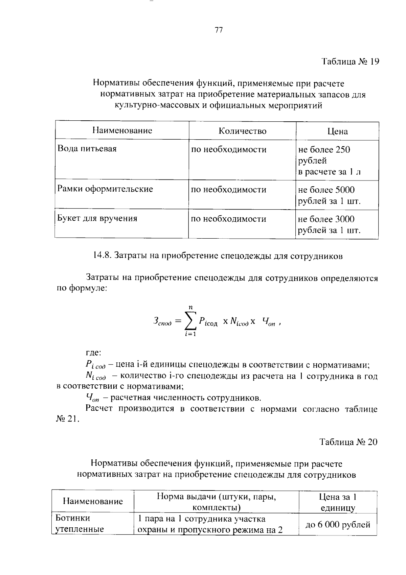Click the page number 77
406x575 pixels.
[x=219, y=30]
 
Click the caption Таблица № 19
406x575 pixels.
[x=350, y=62]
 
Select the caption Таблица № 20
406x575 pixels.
[x=348, y=442]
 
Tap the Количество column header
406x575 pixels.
[x=242, y=131]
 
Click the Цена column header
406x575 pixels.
[x=337, y=131]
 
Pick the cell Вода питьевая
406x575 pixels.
[x=87, y=149]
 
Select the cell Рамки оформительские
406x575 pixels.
[x=105, y=189]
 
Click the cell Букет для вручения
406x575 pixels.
[x=97, y=218]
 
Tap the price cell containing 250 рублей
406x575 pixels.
[x=329, y=161]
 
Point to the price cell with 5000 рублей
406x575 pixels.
[x=329, y=195]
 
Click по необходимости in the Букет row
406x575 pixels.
[x=229, y=219]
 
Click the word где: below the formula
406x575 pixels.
[x=93, y=353]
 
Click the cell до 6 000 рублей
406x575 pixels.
[x=338, y=525]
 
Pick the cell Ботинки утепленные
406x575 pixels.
[x=79, y=524]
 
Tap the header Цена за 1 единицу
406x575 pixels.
[x=338, y=502]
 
